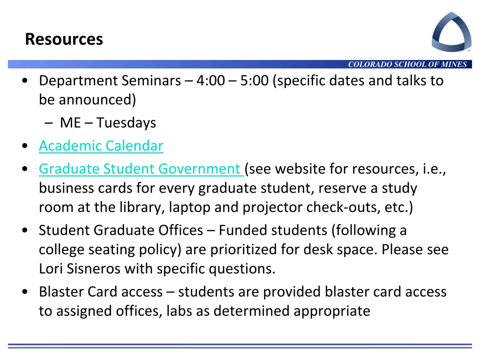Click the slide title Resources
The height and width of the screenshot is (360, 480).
coord(64,39)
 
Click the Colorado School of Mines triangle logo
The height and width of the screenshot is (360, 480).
coord(451,31)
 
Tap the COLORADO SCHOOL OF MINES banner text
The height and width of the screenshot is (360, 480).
coord(407,65)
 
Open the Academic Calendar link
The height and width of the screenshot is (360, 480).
coord(101,146)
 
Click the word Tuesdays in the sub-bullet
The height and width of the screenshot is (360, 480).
coord(127,123)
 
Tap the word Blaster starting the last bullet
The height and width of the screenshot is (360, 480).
coord(61,292)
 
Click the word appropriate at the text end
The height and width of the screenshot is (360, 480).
coord(332,311)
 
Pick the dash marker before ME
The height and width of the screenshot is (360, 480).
coord(50,123)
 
